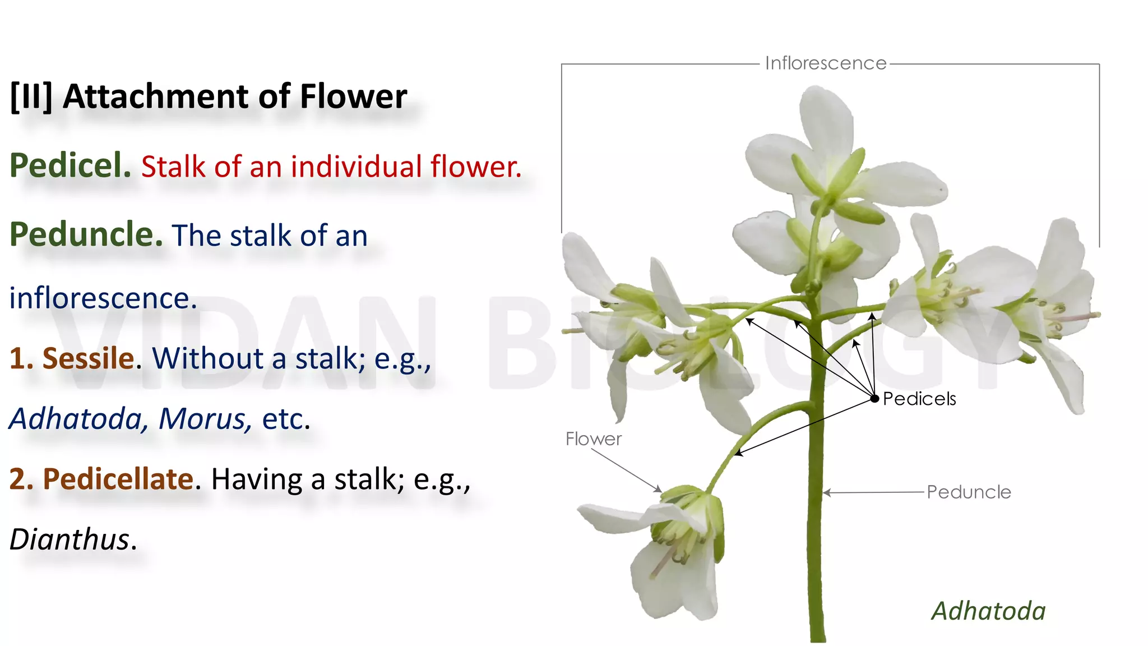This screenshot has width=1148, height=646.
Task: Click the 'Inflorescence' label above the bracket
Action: click(825, 63)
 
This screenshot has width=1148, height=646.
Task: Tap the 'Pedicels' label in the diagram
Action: click(919, 399)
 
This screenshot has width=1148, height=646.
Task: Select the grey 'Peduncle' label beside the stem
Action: click(969, 492)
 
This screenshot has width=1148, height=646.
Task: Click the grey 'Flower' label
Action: click(593, 439)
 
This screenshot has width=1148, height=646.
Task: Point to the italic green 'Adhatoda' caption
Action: click(988, 611)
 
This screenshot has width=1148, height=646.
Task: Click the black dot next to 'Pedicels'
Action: click(874, 399)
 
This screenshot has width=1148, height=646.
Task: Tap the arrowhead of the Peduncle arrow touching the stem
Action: click(826, 493)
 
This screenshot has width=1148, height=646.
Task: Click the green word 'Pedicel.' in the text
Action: click(71, 166)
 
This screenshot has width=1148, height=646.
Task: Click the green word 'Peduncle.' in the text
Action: click(86, 234)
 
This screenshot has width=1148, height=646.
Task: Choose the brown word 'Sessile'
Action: click(88, 358)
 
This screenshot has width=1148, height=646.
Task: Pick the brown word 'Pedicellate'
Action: click(118, 479)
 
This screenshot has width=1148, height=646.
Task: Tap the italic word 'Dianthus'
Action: click(70, 539)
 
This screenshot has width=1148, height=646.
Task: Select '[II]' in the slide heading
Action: click(31, 96)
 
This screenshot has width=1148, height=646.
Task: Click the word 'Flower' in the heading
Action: click(353, 96)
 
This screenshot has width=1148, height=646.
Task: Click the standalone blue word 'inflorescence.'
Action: click(103, 298)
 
